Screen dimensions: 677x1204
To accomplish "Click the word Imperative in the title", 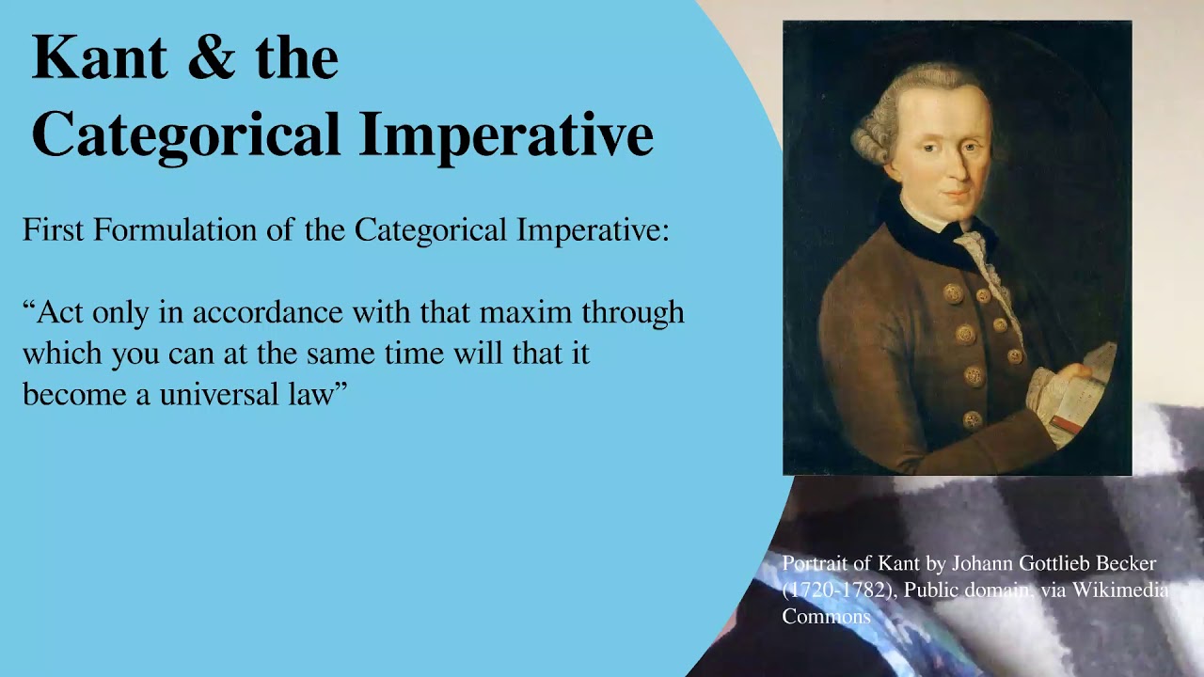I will (x=506, y=134).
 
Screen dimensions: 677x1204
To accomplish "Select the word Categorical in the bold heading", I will (x=185, y=135).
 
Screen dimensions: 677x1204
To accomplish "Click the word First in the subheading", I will (x=55, y=230).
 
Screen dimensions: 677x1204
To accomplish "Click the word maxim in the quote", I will (x=531, y=312).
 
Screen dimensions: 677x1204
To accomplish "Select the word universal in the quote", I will (x=220, y=394).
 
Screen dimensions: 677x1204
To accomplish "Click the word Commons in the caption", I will (x=826, y=617).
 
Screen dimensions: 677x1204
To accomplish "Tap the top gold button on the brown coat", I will (x=953, y=292).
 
